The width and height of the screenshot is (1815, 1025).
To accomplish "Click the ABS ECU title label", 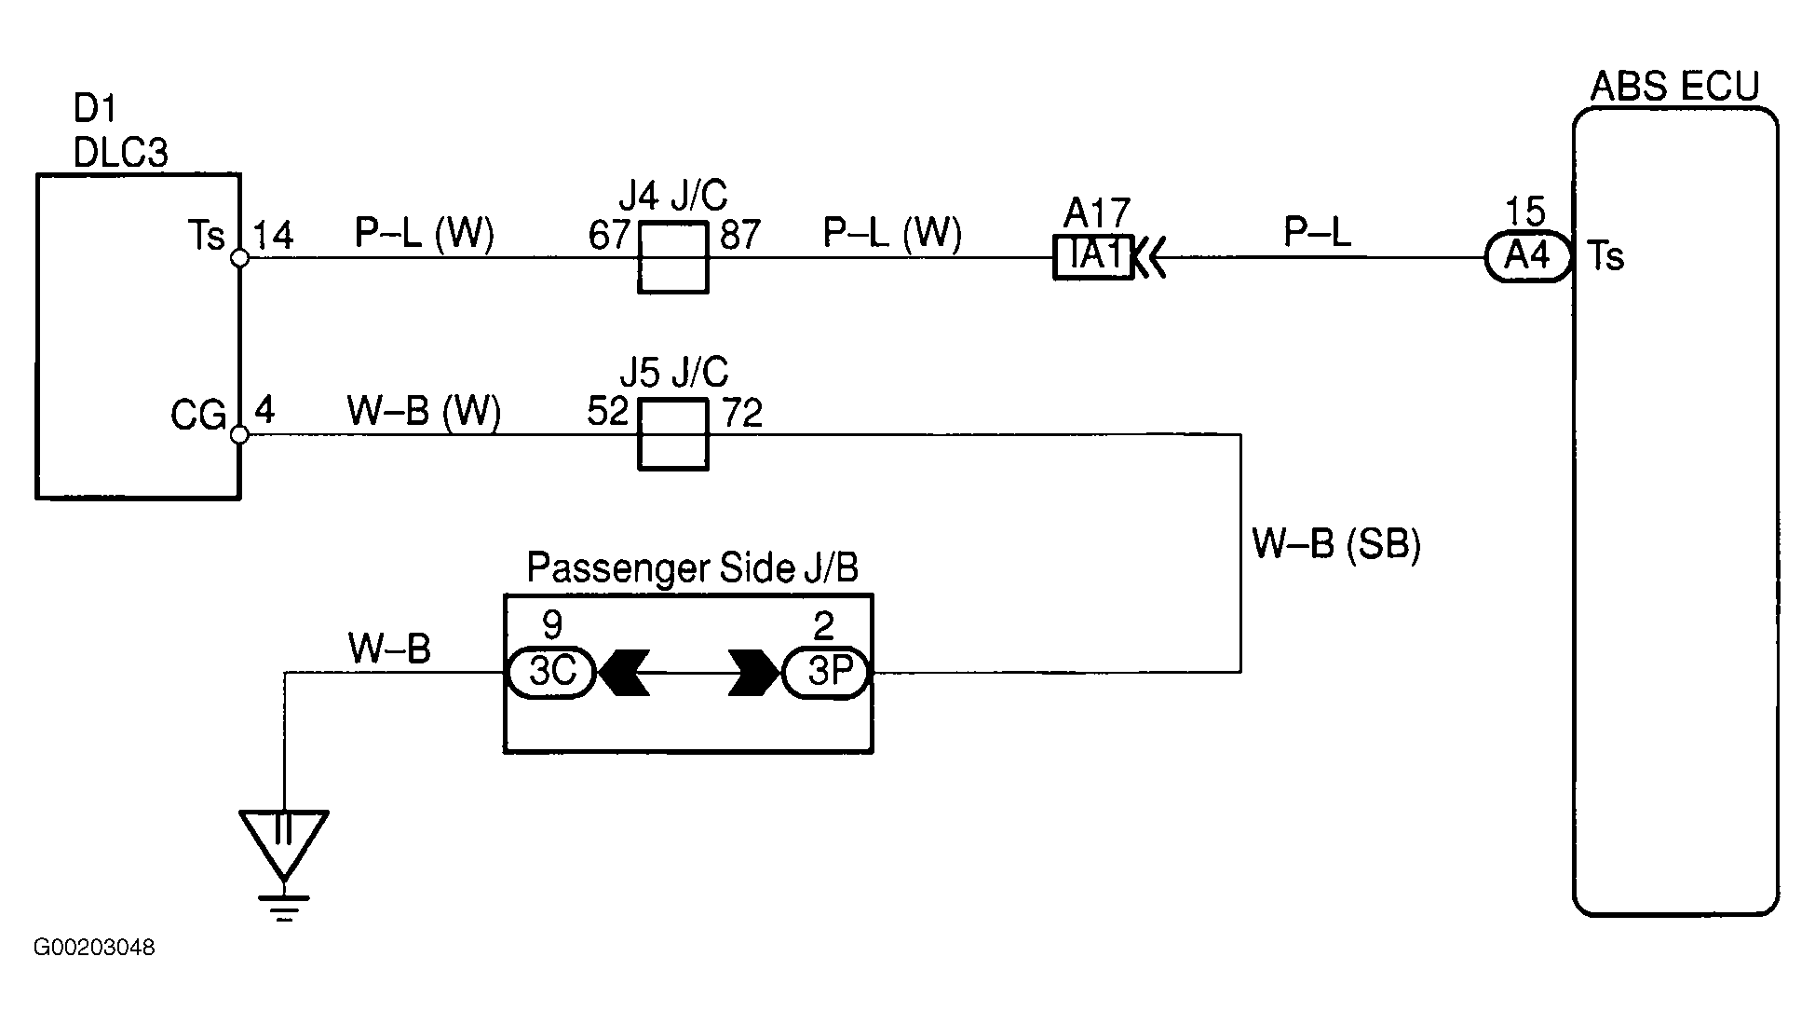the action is point(1674,87).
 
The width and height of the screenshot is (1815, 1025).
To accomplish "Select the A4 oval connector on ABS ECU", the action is point(1528,255).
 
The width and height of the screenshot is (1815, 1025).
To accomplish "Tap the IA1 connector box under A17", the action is point(1092,256).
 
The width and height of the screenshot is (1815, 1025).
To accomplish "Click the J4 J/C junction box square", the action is point(672,258).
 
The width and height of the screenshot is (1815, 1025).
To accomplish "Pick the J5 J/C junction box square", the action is point(672,434).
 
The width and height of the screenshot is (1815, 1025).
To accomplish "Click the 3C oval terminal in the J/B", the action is point(551,673).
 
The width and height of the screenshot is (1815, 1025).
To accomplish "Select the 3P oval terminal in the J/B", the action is point(826,673).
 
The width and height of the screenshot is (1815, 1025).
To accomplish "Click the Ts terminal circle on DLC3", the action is point(239,258).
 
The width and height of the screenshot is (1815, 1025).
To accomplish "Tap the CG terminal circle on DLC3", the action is point(239,434).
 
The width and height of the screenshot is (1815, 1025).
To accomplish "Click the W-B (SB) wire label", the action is point(1336,543).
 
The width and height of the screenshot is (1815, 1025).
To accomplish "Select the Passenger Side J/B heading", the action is point(693,567).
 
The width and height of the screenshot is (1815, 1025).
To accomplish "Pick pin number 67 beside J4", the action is point(610,235).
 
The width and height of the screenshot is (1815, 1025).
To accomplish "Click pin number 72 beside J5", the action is point(742,412).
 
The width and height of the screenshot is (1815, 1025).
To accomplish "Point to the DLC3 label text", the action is point(120,153).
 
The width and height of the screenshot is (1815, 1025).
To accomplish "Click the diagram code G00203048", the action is point(94,948).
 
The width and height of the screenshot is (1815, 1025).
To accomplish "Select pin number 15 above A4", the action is point(1525,212).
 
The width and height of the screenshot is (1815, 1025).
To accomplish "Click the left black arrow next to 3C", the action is point(624,673).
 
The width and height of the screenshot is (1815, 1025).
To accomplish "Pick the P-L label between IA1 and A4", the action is point(1317,232).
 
